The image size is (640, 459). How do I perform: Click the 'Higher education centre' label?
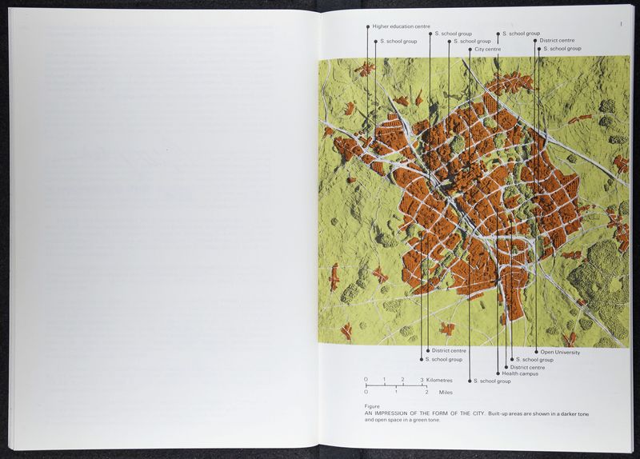(401, 26)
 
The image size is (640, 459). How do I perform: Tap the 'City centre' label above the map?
(489, 49)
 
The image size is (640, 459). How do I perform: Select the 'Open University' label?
(560, 352)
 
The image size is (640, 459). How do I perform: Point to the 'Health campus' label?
(520, 373)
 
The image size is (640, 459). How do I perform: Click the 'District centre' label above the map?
(557, 40)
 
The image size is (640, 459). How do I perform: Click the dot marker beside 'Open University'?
(537, 352)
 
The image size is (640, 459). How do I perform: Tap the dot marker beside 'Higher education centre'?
(368, 26)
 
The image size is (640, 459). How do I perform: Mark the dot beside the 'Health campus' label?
(498, 373)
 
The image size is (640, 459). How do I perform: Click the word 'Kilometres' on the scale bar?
(439, 380)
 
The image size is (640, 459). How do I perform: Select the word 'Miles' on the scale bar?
(446, 392)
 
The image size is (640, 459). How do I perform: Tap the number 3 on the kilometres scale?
(422, 380)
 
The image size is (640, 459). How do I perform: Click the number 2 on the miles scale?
(426, 392)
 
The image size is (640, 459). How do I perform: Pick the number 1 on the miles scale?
(396, 392)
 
